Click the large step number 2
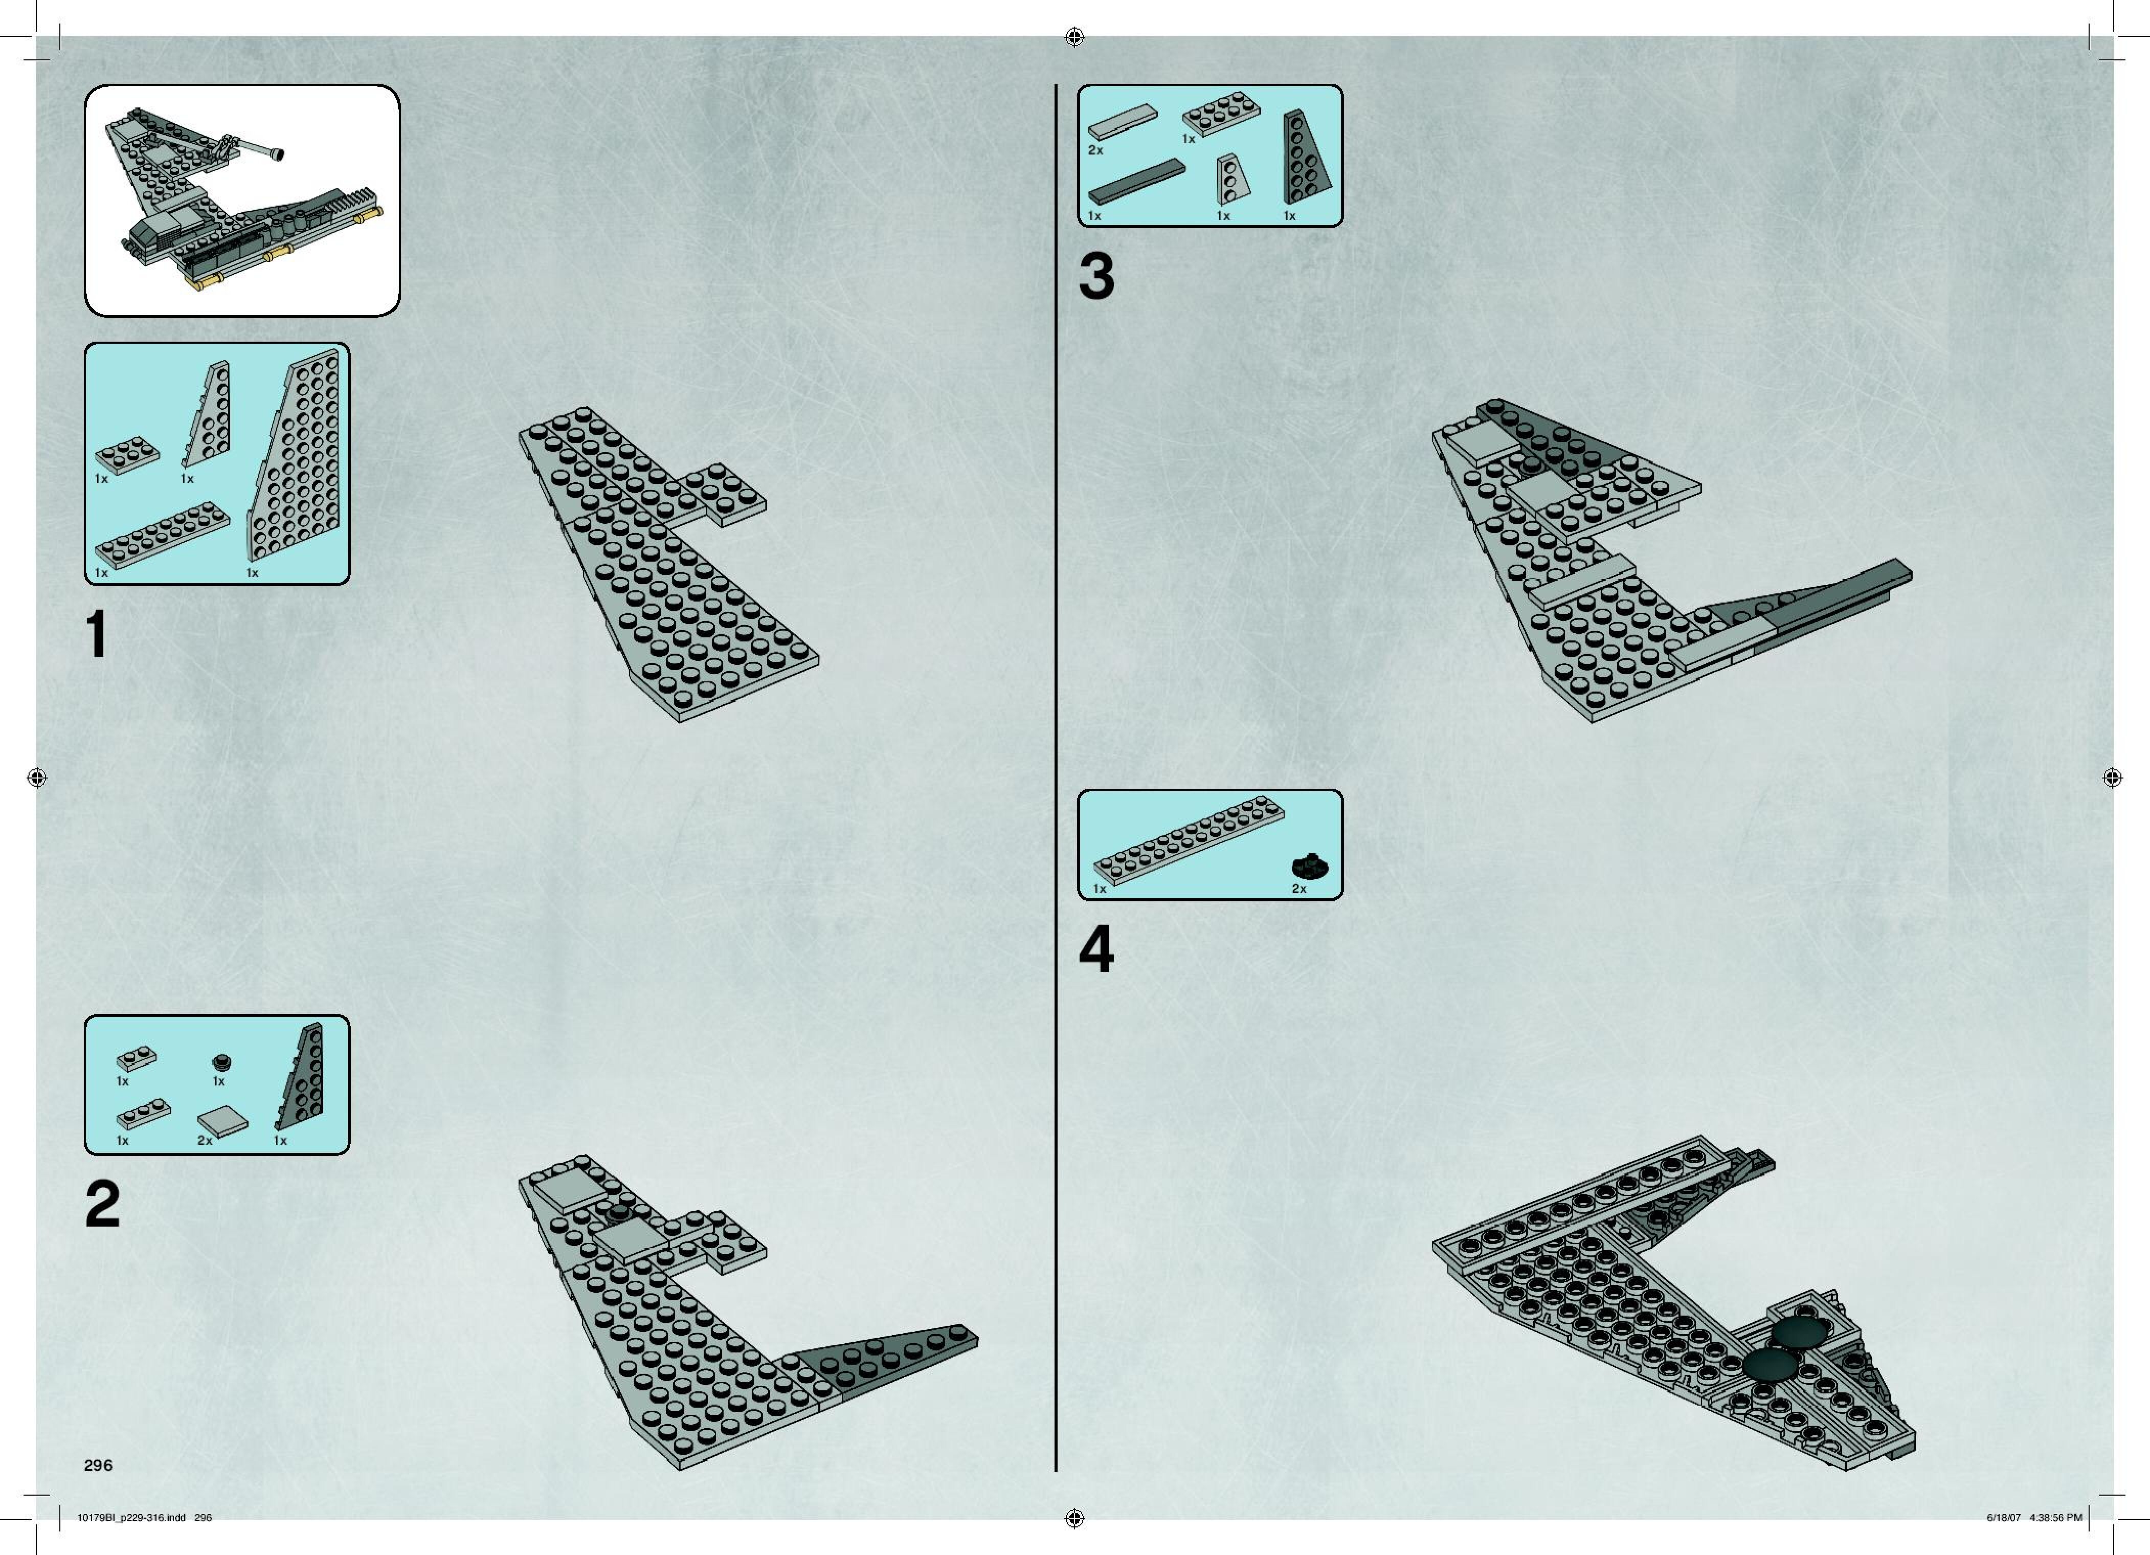pyautogui.click(x=102, y=1204)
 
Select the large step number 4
pyautogui.click(x=1097, y=949)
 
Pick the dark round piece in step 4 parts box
pyautogui.click(x=1312, y=865)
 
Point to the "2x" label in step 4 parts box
pyautogui.click(x=1298, y=890)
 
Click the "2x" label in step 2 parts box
pyautogui.click(x=205, y=1141)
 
